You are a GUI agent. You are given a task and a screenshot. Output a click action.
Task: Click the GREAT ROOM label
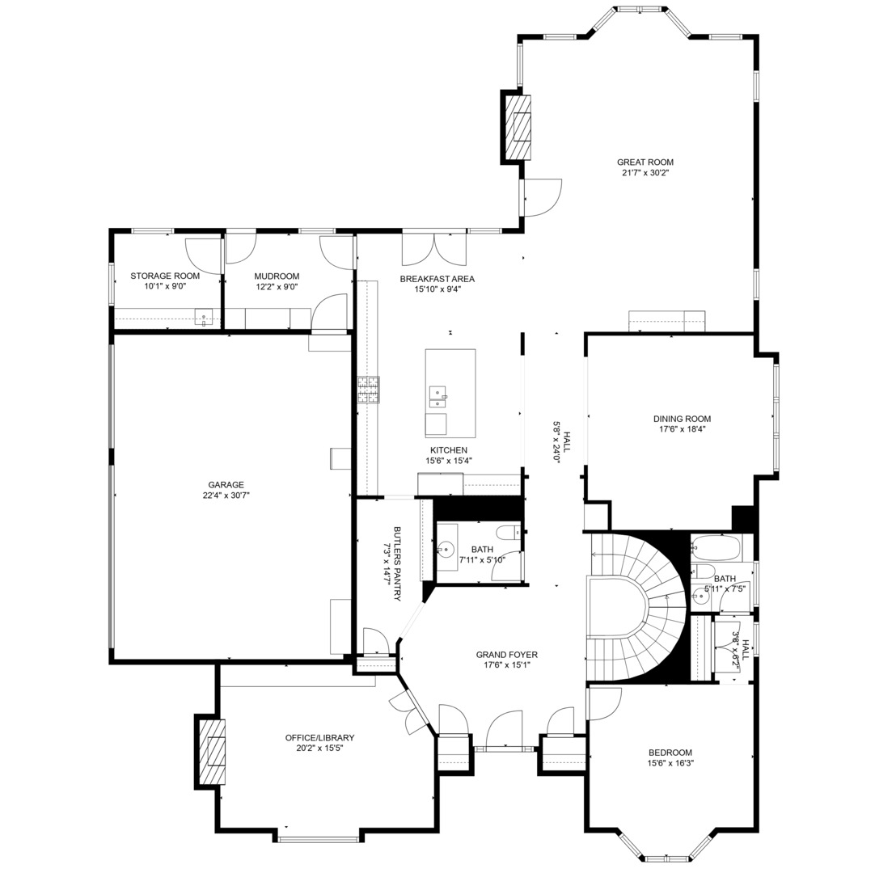(645, 162)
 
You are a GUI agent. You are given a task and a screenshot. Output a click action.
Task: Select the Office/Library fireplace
(211, 752)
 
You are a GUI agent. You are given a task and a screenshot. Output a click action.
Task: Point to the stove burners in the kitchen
(369, 390)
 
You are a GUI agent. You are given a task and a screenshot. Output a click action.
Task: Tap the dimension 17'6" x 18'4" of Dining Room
(682, 429)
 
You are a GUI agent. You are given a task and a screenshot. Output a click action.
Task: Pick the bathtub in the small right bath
(716, 549)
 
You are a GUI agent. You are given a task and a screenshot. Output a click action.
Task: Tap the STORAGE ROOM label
(165, 276)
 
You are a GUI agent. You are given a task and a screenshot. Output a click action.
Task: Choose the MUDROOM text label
(277, 276)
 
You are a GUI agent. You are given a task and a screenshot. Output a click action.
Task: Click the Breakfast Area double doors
(434, 248)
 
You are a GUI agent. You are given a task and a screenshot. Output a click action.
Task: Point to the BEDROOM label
(670, 752)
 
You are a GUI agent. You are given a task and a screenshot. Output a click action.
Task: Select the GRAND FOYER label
(506, 655)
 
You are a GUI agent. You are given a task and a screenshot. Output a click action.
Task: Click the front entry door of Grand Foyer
(505, 732)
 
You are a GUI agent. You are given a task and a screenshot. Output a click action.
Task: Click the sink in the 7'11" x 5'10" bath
(447, 549)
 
